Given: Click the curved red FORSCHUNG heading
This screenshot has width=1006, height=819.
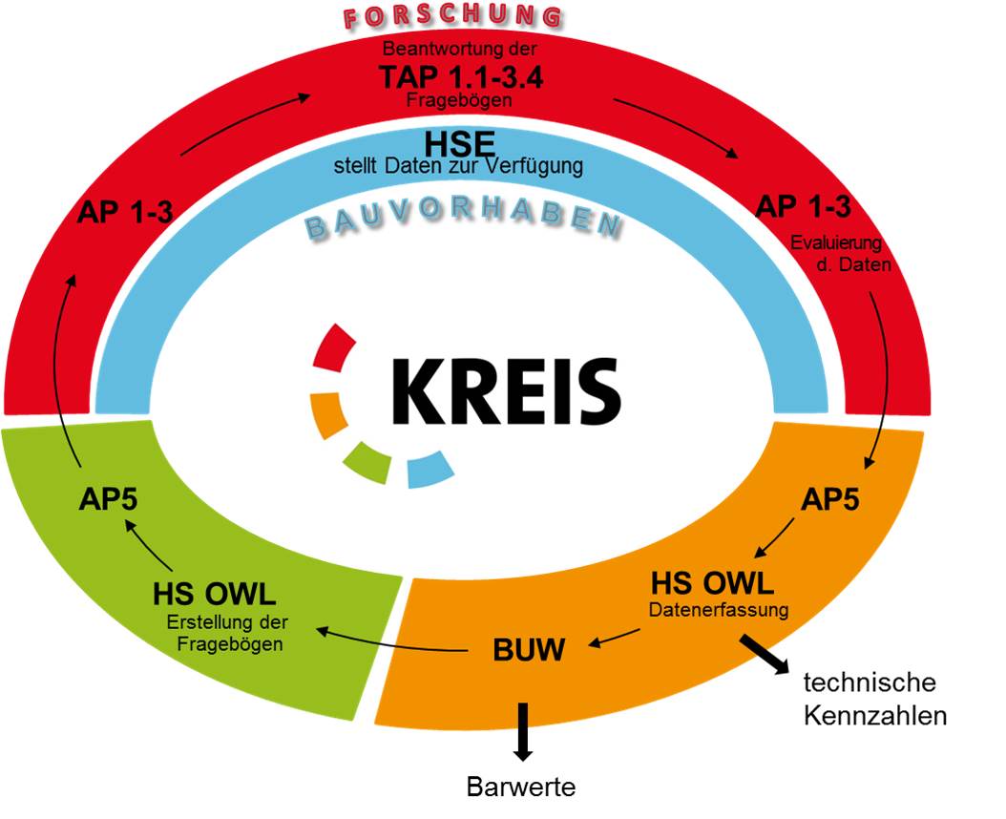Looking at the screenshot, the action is [453, 16].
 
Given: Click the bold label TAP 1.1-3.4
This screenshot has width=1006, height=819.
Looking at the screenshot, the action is [461, 77].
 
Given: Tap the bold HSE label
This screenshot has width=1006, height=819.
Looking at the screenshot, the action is [459, 144].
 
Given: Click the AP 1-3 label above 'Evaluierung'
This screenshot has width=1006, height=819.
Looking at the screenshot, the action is [803, 207].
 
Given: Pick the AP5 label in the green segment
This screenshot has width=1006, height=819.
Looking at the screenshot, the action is [108, 498].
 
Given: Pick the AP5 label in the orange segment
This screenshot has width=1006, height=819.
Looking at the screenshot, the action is [830, 498].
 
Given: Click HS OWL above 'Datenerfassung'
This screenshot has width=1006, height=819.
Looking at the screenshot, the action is [712, 583].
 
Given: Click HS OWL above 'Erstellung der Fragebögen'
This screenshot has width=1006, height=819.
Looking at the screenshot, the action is [215, 595].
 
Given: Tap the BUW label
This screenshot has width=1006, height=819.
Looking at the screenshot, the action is [529, 649].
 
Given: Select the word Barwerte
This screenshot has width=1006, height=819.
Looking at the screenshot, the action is [521, 787].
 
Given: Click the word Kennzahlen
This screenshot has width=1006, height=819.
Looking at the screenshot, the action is [875, 716].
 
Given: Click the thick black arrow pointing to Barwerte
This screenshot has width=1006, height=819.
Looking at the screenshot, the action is [523, 732].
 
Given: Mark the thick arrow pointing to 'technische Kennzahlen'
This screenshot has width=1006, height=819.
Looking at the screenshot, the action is [765, 655].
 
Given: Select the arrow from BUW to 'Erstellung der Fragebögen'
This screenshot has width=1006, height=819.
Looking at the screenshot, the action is [391, 643].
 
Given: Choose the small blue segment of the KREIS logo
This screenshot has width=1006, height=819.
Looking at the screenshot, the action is [430, 470].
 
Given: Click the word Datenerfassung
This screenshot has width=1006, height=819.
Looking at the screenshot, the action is [719, 609].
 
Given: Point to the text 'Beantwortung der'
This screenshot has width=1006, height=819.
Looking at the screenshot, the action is [459, 48].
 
